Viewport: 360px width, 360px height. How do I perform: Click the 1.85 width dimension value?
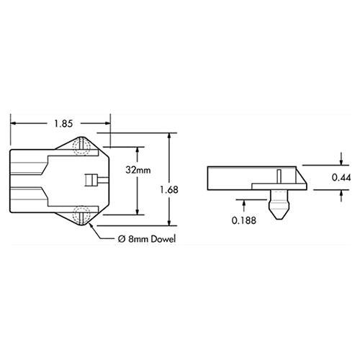60,123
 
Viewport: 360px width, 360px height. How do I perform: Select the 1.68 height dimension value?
170,190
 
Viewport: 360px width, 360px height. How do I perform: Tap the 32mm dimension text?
137,172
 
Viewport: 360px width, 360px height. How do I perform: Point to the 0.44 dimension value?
341,177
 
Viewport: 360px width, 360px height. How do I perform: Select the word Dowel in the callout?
163,238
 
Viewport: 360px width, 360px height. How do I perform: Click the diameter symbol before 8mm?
122,238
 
